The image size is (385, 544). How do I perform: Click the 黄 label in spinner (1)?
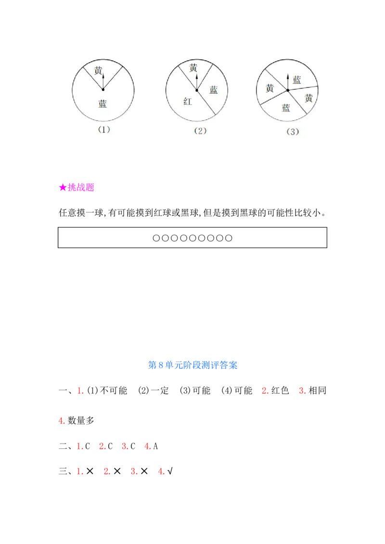(98, 71)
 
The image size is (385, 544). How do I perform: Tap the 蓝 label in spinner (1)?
(103, 104)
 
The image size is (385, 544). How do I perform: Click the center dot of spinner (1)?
(103, 89)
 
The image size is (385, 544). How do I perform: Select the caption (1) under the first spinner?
(104, 130)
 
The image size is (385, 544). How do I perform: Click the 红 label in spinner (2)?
(188, 101)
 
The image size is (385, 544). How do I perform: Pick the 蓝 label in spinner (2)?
(214, 89)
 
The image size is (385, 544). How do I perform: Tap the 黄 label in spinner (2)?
(193, 68)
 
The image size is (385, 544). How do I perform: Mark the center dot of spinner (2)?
(196, 90)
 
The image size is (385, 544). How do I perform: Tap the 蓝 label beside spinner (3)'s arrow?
(297, 80)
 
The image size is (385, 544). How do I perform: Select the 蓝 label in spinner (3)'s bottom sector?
(286, 108)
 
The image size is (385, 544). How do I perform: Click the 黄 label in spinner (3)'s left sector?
(270, 88)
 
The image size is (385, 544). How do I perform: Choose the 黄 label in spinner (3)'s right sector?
(308, 98)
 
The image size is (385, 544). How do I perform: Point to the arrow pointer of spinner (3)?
(288, 81)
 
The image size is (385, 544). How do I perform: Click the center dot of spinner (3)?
(288, 90)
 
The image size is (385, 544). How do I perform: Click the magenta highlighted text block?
(77, 187)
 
